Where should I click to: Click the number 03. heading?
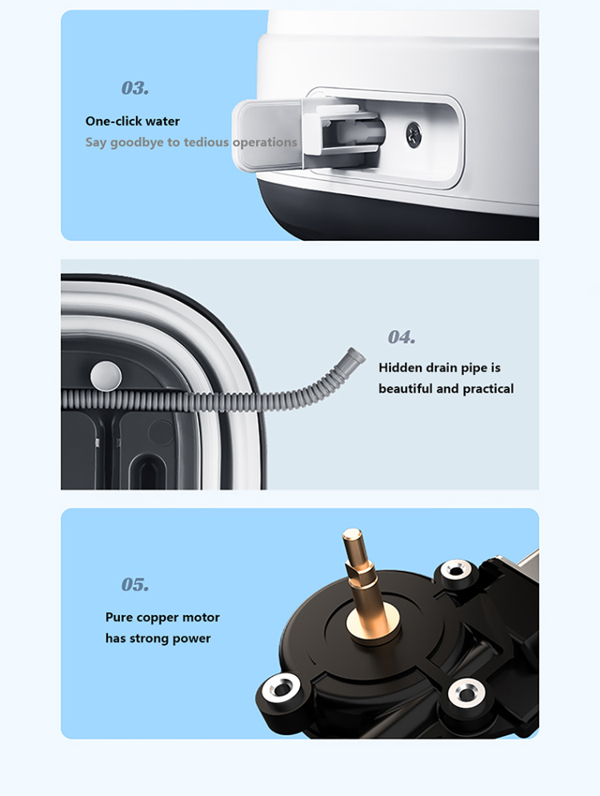tap(135, 88)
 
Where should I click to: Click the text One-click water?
tap(133, 122)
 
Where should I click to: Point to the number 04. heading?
tap(402, 338)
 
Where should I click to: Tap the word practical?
tap(483, 389)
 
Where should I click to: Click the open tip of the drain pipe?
tap(355, 353)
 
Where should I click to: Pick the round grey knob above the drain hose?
tap(104, 373)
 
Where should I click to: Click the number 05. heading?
tap(135, 585)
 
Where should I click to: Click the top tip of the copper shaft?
tap(350, 534)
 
